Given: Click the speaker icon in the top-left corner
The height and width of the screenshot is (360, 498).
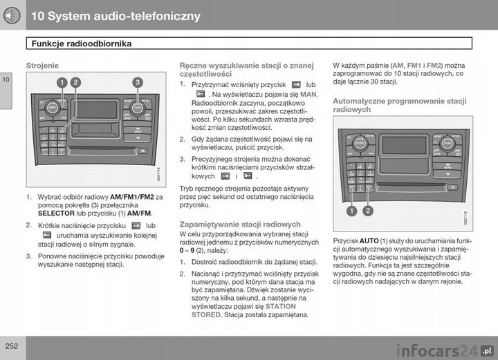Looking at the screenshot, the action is point(12,15).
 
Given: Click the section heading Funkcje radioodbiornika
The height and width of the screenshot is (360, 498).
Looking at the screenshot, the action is point(82,44).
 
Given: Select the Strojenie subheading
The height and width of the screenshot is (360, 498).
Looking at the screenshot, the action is point(42,65).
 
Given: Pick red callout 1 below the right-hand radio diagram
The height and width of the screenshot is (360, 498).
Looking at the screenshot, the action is point(353,210).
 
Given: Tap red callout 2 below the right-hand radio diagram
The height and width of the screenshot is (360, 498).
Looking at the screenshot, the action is point(367,210).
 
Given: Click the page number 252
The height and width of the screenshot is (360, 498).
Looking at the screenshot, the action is point(10,345).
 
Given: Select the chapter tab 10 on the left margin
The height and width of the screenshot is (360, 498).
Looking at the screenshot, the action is point(6,79).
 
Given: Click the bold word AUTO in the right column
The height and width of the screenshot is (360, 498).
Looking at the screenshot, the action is point(369,240).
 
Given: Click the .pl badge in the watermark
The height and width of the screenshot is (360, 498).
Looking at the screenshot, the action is point(486,349).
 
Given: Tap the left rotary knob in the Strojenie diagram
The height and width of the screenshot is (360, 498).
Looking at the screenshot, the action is point(52,108).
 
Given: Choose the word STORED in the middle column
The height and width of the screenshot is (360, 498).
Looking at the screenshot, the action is point(207,314).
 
